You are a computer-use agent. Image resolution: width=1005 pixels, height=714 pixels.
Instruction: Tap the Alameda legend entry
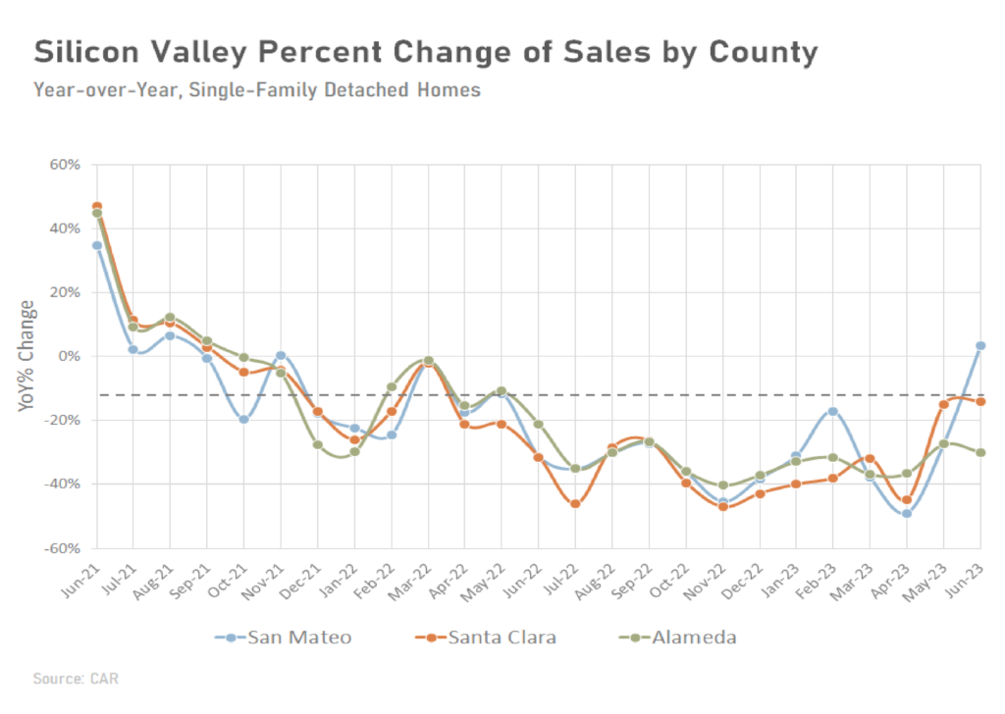(682, 637)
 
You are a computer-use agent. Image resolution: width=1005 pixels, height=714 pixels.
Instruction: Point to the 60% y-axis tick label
(65, 165)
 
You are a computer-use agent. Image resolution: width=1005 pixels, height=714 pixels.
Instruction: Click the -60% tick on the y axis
(63, 548)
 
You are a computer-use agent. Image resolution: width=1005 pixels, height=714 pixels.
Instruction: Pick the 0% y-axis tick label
(71, 356)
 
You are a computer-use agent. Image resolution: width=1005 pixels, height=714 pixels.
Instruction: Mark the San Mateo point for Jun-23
(980, 345)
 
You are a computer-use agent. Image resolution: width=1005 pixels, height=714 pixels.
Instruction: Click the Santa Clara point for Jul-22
(575, 504)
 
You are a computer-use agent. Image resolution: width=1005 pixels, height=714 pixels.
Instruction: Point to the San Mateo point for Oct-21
(244, 419)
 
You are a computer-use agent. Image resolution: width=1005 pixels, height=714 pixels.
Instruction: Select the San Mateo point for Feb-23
(833, 411)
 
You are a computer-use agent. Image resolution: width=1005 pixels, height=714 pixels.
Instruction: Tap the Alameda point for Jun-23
(980, 452)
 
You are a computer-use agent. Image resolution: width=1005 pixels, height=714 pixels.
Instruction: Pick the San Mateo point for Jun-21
(97, 245)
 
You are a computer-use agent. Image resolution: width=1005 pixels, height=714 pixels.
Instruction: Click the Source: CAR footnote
(75, 679)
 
